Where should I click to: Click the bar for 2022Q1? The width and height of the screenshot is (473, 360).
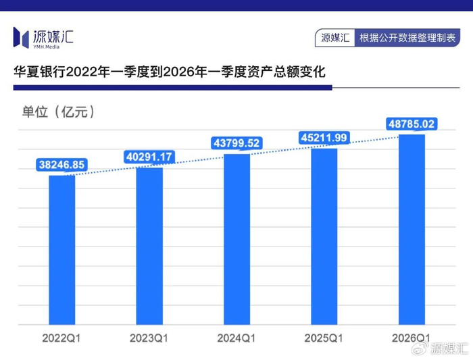[62, 250]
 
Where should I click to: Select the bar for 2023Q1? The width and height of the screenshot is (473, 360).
[149, 246]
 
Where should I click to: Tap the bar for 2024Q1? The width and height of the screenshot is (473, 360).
[236, 239]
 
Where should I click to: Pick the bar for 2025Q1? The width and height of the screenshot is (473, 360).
[324, 236]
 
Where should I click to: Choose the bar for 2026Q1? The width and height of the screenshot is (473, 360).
[412, 230]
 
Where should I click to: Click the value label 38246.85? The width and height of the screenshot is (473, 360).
[61, 165]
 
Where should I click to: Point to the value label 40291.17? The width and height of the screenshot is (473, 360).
[149, 157]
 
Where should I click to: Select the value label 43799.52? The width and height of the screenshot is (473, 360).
[236, 143]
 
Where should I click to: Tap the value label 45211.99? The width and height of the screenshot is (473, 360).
[324, 138]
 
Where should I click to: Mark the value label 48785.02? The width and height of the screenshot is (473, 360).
[412, 124]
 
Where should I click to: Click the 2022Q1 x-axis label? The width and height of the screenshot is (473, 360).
[61, 338]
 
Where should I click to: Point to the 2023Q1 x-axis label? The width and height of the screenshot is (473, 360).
[149, 338]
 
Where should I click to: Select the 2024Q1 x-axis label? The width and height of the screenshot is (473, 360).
[236, 338]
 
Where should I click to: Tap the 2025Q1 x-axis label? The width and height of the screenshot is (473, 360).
[324, 338]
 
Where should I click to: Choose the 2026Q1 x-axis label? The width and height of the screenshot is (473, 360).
[411, 338]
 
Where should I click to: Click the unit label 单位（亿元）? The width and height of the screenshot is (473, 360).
[59, 112]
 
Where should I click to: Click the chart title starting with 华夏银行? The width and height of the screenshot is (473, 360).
[170, 72]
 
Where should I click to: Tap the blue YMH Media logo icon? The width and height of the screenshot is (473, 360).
[21, 37]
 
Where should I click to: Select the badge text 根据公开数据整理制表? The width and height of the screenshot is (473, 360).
[407, 38]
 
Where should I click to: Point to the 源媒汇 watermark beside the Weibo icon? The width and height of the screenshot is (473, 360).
[449, 349]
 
